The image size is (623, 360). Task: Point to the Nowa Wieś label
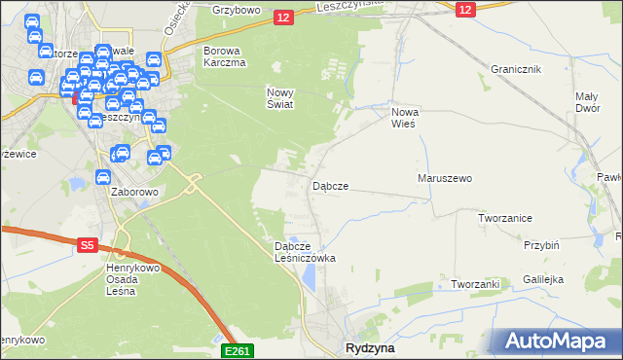403,118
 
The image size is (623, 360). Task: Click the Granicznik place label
515,70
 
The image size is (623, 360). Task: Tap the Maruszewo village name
444,179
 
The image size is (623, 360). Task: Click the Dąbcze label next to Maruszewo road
330,185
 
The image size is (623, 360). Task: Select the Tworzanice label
504,218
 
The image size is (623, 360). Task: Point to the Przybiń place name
540,246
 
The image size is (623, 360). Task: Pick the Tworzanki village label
475,284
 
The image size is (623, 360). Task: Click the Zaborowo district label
134,192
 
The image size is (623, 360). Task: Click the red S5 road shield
87,246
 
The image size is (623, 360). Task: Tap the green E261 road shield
238,351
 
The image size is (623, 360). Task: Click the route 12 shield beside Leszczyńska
283,17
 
